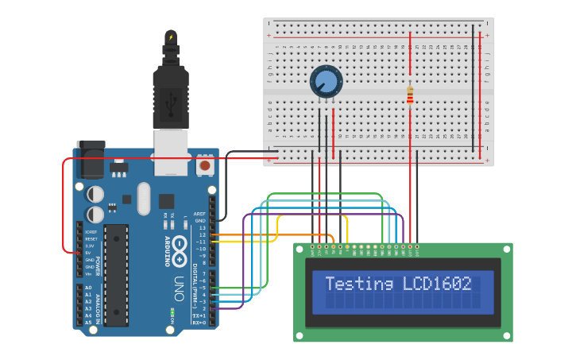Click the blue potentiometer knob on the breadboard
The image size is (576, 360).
(x=326, y=81)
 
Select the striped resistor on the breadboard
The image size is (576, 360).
(x=410, y=95)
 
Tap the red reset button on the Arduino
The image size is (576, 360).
(x=204, y=167)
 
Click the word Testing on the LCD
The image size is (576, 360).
(x=358, y=284)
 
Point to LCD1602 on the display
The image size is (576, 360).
(x=438, y=284)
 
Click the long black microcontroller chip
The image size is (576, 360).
(x=116, y=275)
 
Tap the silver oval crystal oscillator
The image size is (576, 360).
(x=143, y=199)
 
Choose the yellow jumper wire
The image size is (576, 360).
(x=275, y=228)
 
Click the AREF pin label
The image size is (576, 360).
(x=199, y=214)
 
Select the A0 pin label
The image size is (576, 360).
(x=88, y=288)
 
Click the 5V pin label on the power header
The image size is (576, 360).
(x=89, y=254)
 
